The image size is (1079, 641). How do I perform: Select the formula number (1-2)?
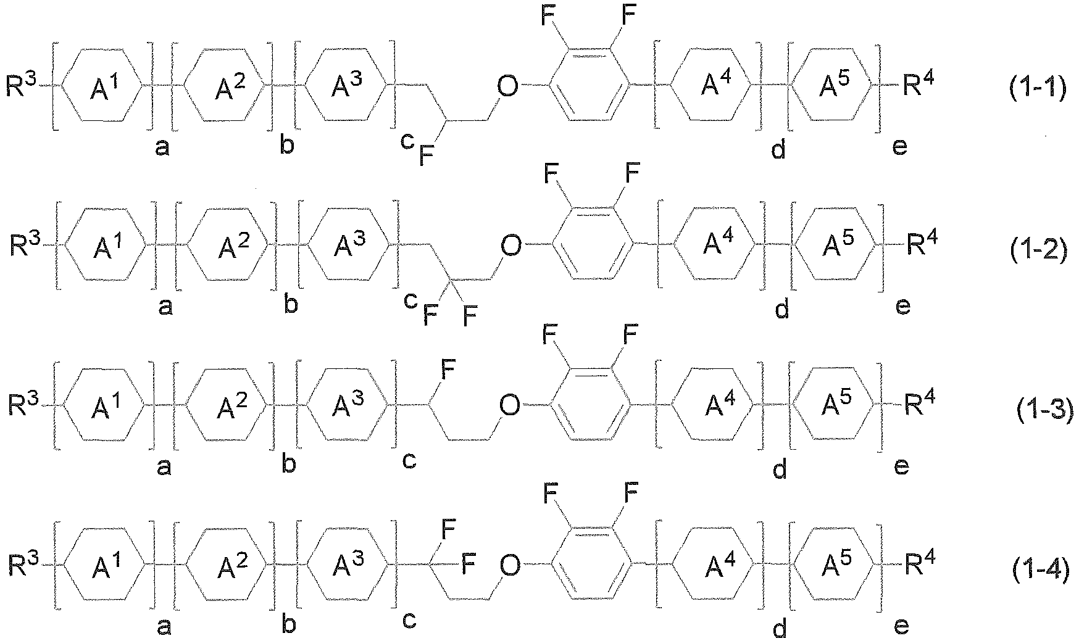pyautogui.click(x=1039, y=252)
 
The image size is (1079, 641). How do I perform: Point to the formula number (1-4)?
pyautogui.click(x=1041, y=571)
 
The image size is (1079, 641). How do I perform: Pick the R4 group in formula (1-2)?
pyautogui.click(x=920, y=244)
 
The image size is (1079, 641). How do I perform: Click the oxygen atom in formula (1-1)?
pyautogui.click(x=507, y=87)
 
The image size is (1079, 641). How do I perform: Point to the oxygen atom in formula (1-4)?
pyautogui.click(x=510, y=566)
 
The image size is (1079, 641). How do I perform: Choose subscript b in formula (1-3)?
pyautogui.click(x=289, y=463)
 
